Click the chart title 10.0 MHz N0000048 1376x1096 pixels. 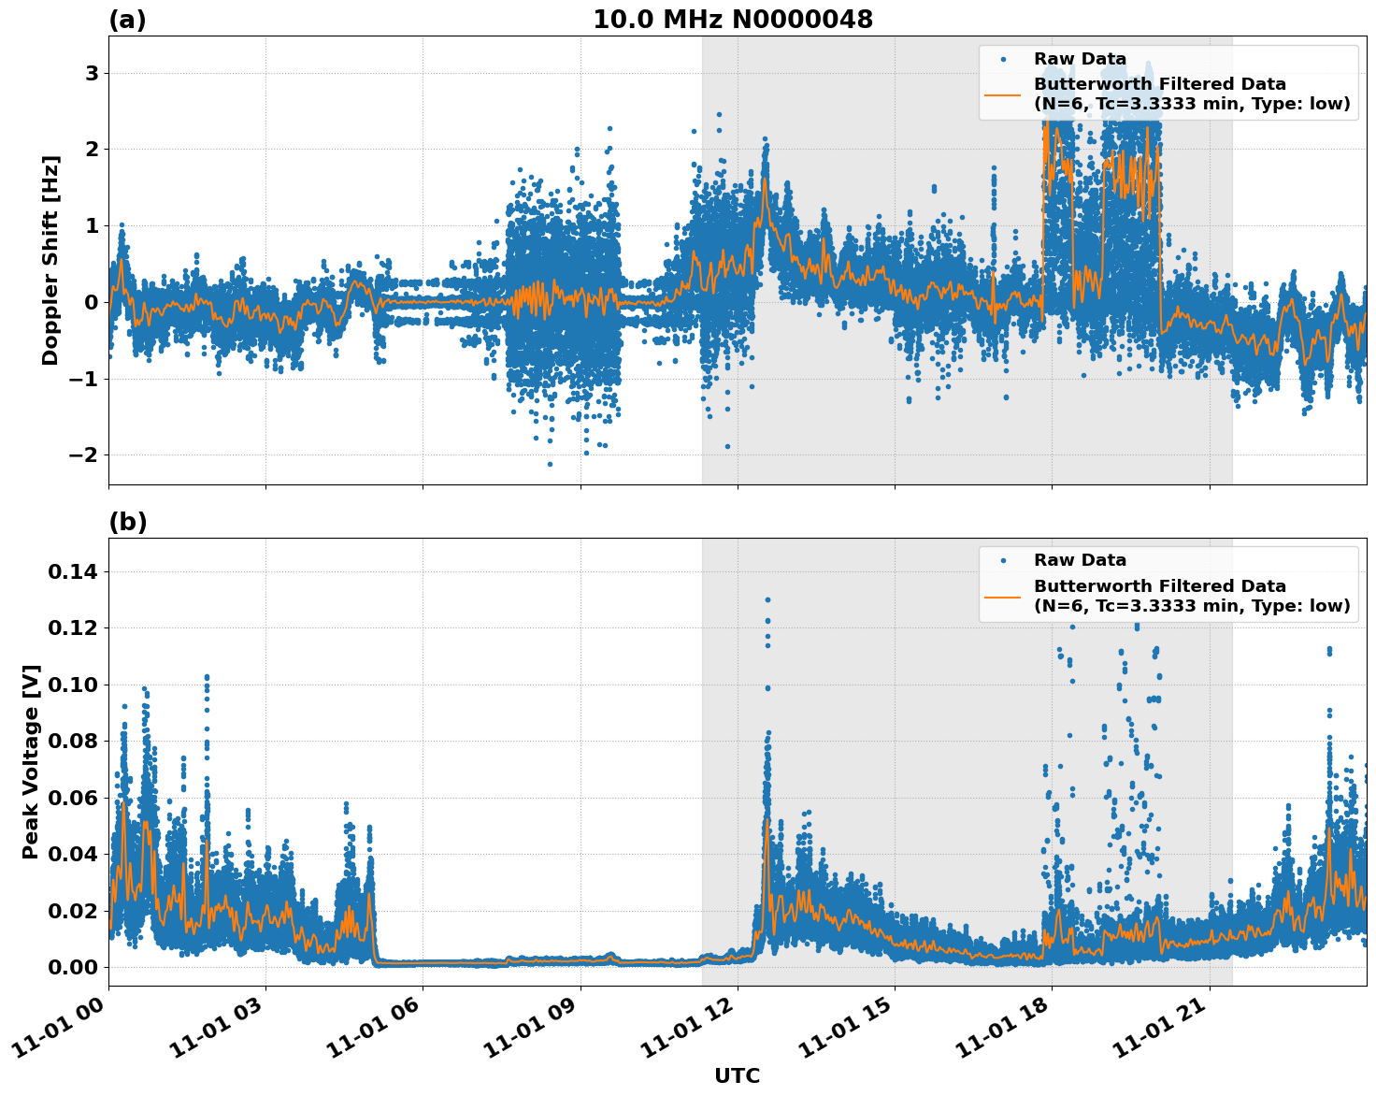coord(733,20)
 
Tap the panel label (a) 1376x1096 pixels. coord(127,20)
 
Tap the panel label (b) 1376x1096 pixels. coord(127,522)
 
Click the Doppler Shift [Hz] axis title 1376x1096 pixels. coord(50,260)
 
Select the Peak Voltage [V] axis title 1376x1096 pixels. coord(30,761)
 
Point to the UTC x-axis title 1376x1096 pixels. coord(737,1075)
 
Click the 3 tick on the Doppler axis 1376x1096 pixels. coord(92,73)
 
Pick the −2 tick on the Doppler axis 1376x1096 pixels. coord(84,454)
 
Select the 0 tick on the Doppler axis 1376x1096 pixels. coord(92,302)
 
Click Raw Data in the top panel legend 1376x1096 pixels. coord(1080,59)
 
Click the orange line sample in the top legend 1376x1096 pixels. coord(1003,94)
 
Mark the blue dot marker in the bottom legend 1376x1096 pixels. coord(1003,560)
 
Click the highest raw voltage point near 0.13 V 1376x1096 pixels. coord(767,599)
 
